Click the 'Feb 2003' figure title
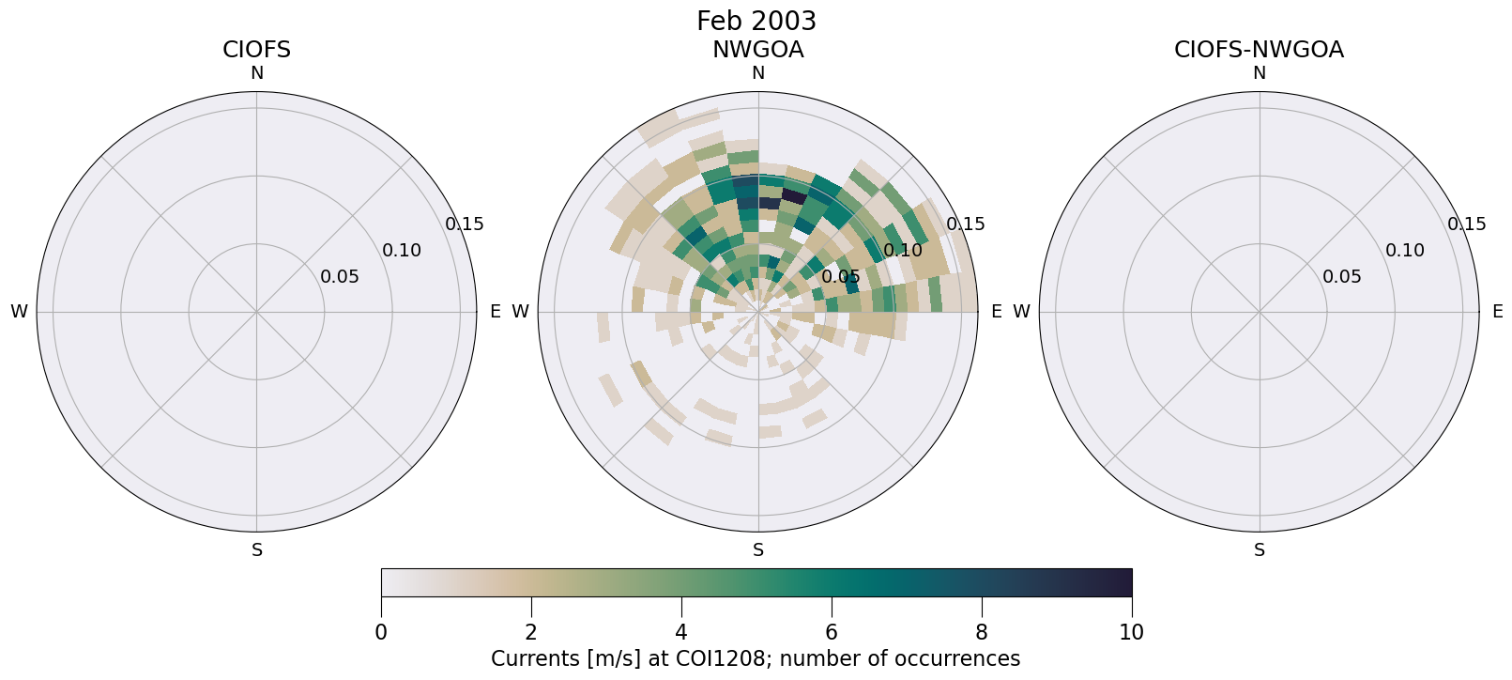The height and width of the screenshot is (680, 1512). coord(756,21)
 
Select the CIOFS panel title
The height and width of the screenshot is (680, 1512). coord(256,50)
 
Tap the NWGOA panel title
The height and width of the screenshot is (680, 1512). coord(757,50)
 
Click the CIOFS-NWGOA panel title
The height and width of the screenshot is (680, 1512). coord(1259,50)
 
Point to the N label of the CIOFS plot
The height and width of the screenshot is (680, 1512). coord(256,73)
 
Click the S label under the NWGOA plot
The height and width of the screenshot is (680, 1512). coord(757,550)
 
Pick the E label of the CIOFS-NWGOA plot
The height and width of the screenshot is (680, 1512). coord(1497,312)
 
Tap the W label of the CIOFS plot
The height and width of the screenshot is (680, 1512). coord(19,312)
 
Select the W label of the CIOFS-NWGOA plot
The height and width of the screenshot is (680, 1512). coord(1021,312)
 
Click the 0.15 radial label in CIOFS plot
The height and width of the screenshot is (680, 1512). coord(464,224)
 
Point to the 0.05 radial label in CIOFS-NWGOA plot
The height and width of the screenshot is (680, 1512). coord(1341,277)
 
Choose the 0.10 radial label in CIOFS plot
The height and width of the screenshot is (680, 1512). coord(402,251)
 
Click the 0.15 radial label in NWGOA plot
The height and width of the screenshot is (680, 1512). coord(965,224)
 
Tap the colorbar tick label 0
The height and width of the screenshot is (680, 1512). coord(381,632)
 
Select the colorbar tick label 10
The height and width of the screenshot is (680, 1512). coord(1131,632)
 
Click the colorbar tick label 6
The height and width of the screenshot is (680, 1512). coord(832,632)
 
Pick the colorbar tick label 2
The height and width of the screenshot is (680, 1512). coord(531,632)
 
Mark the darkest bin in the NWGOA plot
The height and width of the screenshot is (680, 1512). coord(794,196)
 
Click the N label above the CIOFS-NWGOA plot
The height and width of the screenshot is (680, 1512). coord(1259,73)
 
